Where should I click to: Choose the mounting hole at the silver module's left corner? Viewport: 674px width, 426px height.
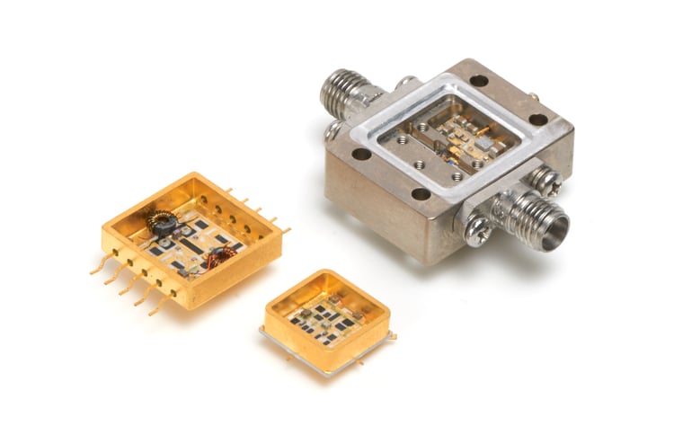point(360,153)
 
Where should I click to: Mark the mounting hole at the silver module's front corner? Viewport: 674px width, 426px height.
point(421,193)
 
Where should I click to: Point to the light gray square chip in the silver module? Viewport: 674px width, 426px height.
point(485,144)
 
